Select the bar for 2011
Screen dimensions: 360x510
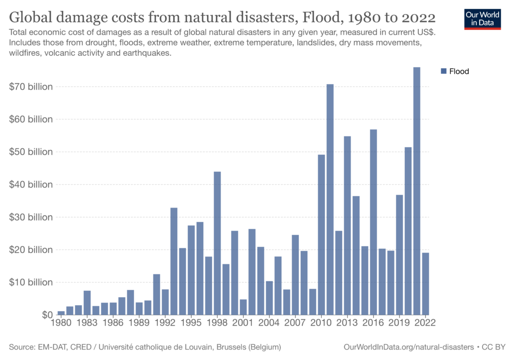click(330, 199)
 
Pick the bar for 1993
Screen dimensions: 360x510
click(174, 261)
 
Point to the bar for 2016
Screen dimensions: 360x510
click(373, 222)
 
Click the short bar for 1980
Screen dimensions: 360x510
click(61, 313)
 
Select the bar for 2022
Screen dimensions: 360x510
click(425, 283)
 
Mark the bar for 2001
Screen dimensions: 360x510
click(243, 307)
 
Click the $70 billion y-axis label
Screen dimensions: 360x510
click(31, 87)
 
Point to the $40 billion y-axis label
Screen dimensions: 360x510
click(31, 184)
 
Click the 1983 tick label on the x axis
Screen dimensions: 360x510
click(87, 323)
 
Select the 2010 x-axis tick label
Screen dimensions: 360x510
click(321, 323)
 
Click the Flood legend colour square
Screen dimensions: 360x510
click(444, 71)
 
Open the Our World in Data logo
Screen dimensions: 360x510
click(482, 18)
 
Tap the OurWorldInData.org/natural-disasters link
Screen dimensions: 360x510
click(408, 346)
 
